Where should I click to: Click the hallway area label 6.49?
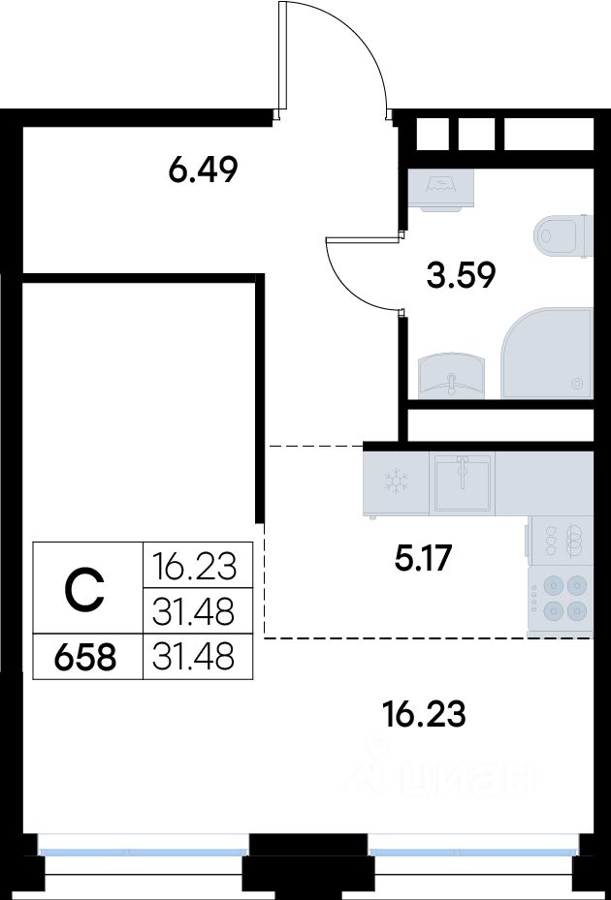tap(203, 170)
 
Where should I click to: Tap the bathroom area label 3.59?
tap(461, 275)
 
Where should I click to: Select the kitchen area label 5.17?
tap(424, 558)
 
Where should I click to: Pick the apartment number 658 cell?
tap(85, 657)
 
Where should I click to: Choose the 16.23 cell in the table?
tap(194, 567)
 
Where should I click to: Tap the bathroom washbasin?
tap(451, 376)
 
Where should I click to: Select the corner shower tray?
tap(547, 354)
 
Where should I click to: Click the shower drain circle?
tap(577, 383)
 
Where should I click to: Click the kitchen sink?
tap(463, 482)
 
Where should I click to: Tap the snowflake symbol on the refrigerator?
tap(397, 481)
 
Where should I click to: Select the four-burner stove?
tap(561, 601)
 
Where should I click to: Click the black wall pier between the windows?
tap(308, 865)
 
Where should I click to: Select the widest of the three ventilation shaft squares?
tap(548, 134)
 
